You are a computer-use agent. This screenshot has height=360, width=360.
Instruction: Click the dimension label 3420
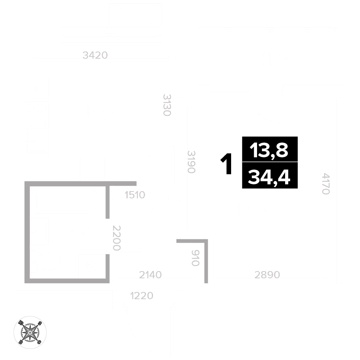click(95, 55)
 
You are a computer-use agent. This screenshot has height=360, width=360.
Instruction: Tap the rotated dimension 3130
click(167, 105)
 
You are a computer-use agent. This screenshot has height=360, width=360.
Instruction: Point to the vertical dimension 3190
click(191, 162)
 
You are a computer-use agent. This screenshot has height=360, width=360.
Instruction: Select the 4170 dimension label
click(326, 184)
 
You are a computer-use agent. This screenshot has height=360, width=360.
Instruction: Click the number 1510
click(135, 195)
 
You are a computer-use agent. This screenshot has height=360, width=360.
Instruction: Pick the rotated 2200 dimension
click(116, 238)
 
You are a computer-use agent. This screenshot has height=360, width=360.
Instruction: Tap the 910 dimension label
click(195, 258)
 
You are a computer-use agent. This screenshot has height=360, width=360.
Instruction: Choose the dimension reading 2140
click(150, 275)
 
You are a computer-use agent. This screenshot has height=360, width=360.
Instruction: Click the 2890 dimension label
click(267, 275)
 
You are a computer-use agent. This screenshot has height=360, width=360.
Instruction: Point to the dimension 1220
click(141, 296)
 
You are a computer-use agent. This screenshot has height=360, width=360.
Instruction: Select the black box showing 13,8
click(270, 149)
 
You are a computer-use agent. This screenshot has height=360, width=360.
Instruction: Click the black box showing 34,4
click(270, 176)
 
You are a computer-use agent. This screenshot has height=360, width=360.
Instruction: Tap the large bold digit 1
click(226, 164)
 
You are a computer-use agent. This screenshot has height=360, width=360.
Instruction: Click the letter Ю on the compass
click(21, 323)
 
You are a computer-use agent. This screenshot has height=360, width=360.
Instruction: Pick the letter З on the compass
click(40, 323)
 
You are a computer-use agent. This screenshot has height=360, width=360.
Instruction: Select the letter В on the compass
click(21, 342)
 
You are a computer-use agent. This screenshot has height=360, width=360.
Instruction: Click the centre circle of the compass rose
click(30, 332)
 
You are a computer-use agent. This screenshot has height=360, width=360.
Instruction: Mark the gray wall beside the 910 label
click(206, 261)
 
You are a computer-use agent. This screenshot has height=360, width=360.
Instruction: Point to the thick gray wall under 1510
click(107, 202)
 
